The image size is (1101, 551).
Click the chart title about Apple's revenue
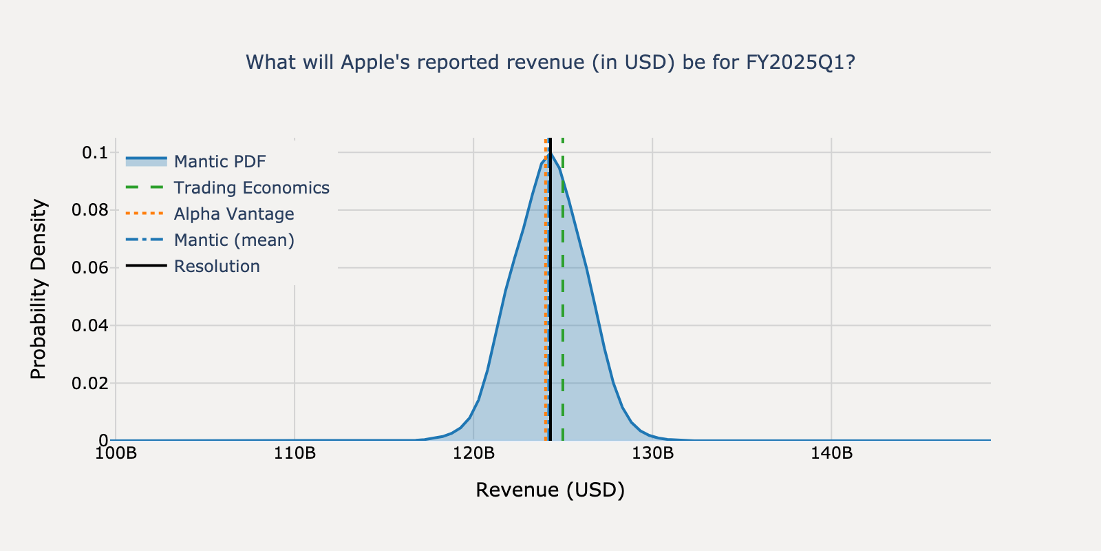click(550, 63)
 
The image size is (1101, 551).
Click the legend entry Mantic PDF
click(220, 162)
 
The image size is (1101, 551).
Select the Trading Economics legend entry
click(251, 188)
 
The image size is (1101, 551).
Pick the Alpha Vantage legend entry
click(233, 214)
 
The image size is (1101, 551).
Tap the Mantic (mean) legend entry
click(233, 240)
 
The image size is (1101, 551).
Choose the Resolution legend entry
click(217, 267)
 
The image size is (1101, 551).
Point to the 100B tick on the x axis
click(116, 454)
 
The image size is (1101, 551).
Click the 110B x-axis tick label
click(295, 454)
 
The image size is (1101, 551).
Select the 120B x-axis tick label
click(473, 454)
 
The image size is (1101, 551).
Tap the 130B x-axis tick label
click(652, 454)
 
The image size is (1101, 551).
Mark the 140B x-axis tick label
click(831, 454)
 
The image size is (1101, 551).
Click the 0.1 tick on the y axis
click(95, 153)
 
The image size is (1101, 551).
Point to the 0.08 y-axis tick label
click(90, 210)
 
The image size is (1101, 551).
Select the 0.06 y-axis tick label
click(90, 268)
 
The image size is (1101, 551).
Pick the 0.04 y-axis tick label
click(90, 325)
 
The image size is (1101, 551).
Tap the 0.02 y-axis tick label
click(90, 383)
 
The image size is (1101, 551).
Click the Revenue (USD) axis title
click(550, 490)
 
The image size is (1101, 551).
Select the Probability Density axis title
click(39, 289)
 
